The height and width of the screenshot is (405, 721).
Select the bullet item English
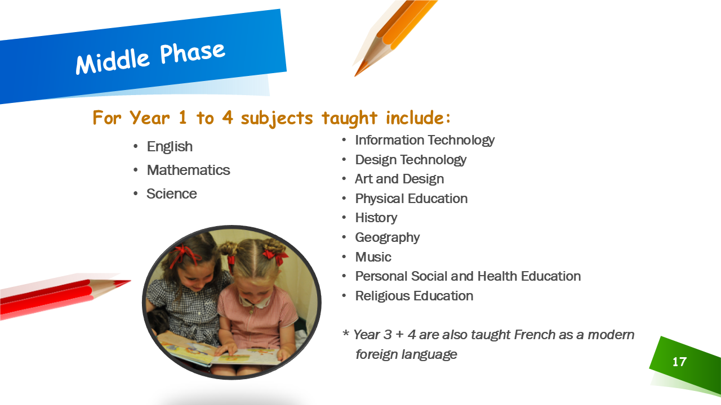[170, 147]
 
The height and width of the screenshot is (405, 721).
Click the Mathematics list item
[188, 170]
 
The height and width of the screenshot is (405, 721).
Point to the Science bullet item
[172, 193]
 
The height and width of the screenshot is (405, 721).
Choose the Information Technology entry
[425, 141]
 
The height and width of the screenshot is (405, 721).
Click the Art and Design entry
[399, 179]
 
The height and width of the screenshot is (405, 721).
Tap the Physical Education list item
[411, 199]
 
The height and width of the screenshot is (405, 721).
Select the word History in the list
[376, 218]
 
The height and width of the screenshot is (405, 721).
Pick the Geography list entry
[387, 238]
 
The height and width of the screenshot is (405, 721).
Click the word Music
[373, 257]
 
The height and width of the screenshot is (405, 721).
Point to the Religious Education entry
[414, 296]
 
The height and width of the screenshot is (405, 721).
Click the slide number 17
[679, 362]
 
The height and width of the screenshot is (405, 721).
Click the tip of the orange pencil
[355, 76]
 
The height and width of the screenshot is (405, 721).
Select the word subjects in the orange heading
[277, 118]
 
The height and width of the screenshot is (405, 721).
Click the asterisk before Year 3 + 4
[346, 333]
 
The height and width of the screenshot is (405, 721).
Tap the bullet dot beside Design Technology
[344, 159]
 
